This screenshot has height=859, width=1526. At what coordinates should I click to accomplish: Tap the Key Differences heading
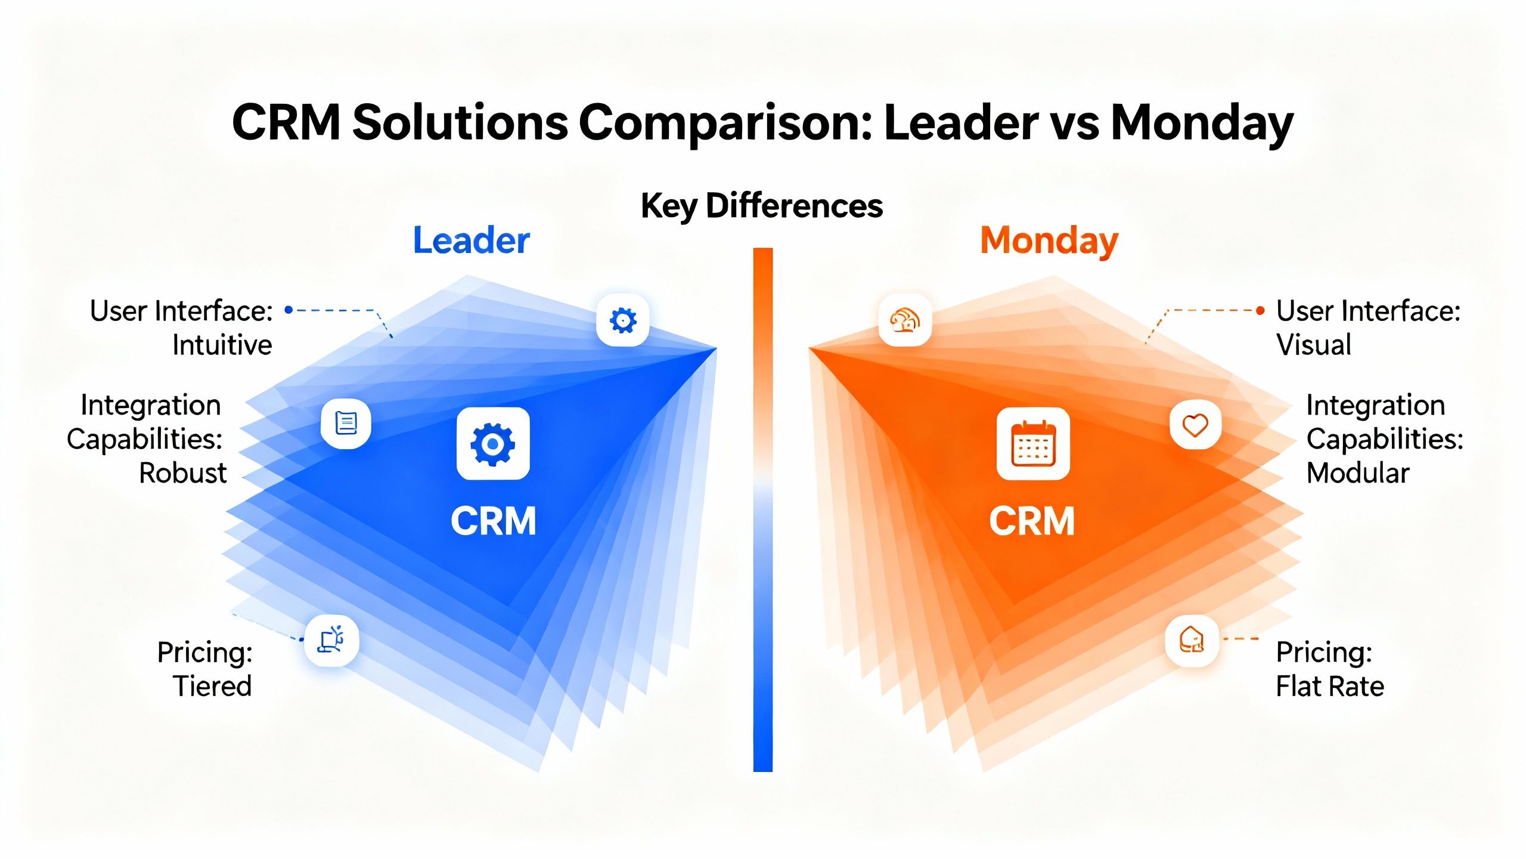tap(761, 206)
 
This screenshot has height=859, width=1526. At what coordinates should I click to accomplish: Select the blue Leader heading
tap(471, 240)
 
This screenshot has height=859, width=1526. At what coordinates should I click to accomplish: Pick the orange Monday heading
tap(1049, 240)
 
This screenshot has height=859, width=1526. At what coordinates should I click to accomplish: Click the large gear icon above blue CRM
tap(493, 444)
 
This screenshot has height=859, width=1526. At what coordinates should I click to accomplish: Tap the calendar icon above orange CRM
tap(1033, 444)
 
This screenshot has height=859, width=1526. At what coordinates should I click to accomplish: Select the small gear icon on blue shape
tap(623, 320)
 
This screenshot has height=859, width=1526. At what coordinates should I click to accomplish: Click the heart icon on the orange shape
tap(1195, 425)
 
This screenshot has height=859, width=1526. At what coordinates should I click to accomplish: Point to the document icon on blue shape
tap(346, 424)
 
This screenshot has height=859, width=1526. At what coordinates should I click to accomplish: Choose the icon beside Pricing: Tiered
tap(331, 641)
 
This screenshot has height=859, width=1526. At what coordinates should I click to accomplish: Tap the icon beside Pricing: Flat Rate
tap(1192, 641)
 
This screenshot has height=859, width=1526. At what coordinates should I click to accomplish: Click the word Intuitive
tap(222, 345)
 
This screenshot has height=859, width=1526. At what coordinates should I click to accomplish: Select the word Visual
tap(1313, 345)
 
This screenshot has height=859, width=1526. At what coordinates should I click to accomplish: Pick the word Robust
tap(182, 474)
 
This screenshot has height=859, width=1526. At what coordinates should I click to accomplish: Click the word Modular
tap(1357, 474)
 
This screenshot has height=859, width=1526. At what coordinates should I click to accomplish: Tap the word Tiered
tap(212, 687)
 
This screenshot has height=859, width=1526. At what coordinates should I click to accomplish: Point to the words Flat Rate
tap(1329, 687)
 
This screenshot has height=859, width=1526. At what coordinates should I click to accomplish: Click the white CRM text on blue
tap(493, 521)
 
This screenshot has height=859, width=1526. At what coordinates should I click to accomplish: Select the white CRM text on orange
tap(1032, 521)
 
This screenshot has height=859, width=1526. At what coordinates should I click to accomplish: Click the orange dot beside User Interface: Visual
tap(1260, 310)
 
